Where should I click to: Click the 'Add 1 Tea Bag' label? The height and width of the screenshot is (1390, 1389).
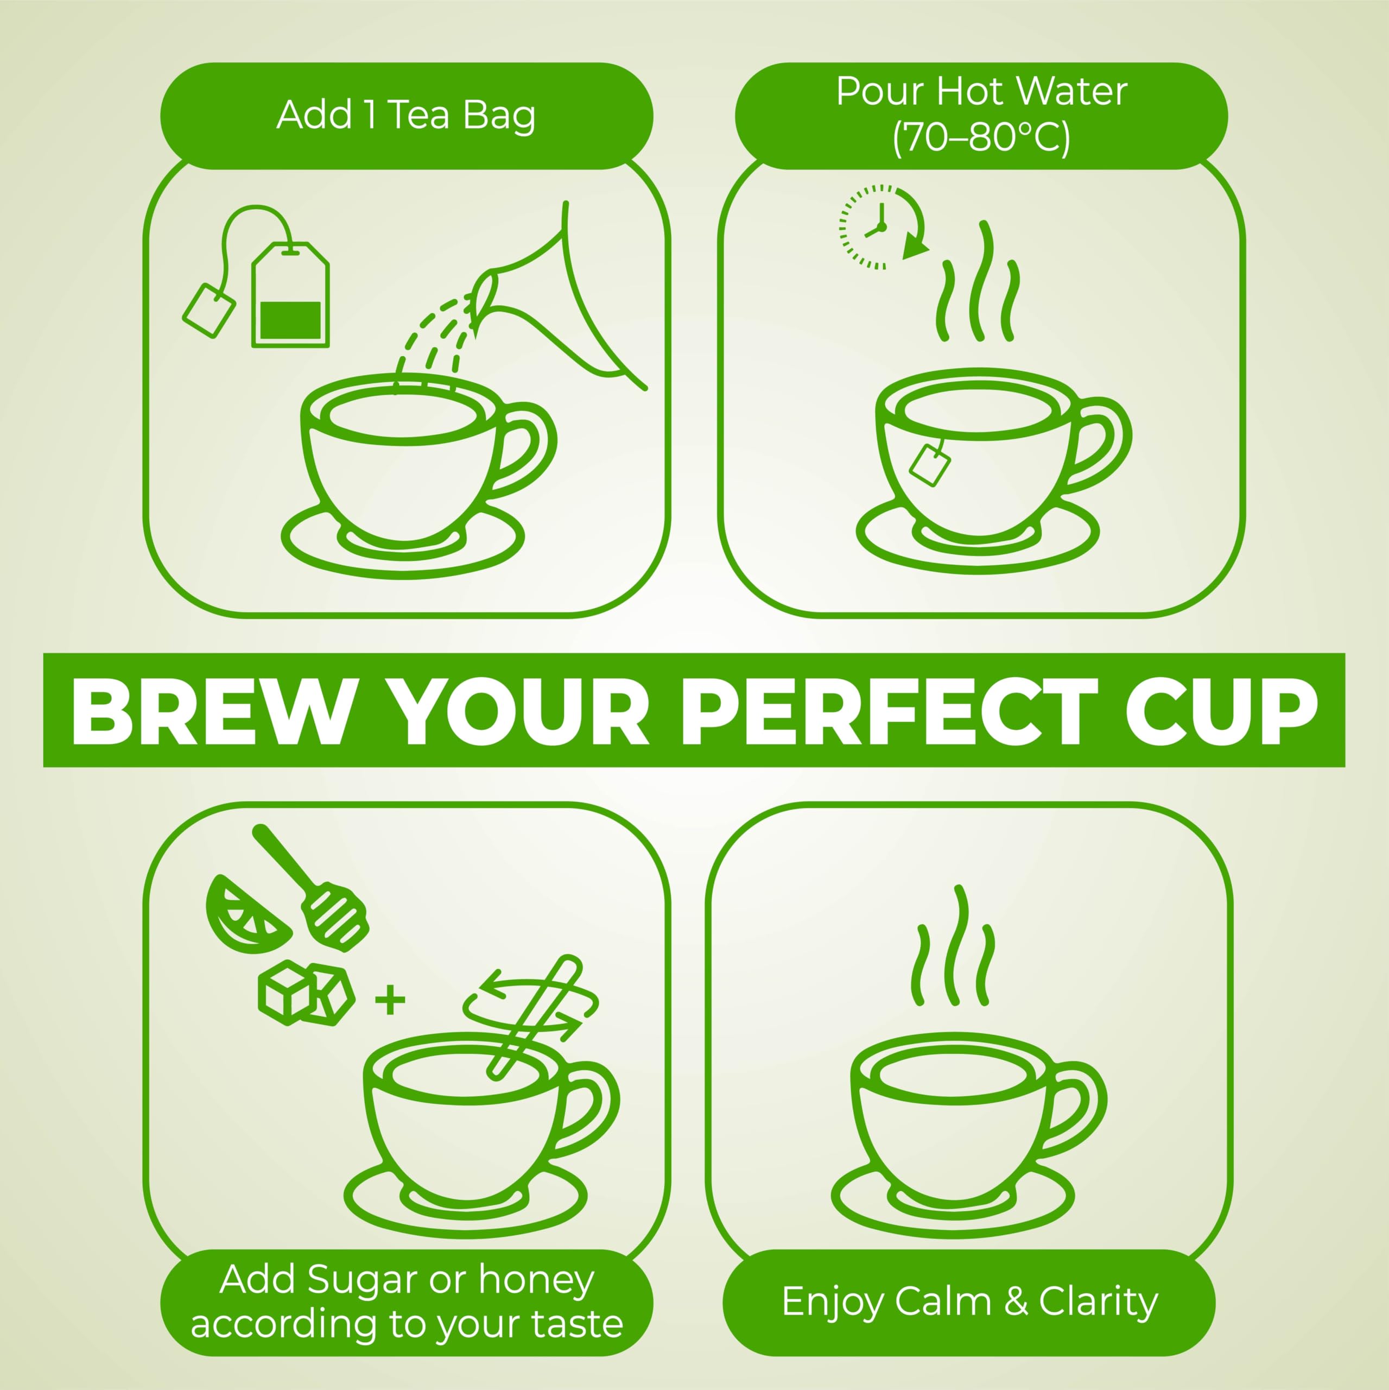(407, 115)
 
